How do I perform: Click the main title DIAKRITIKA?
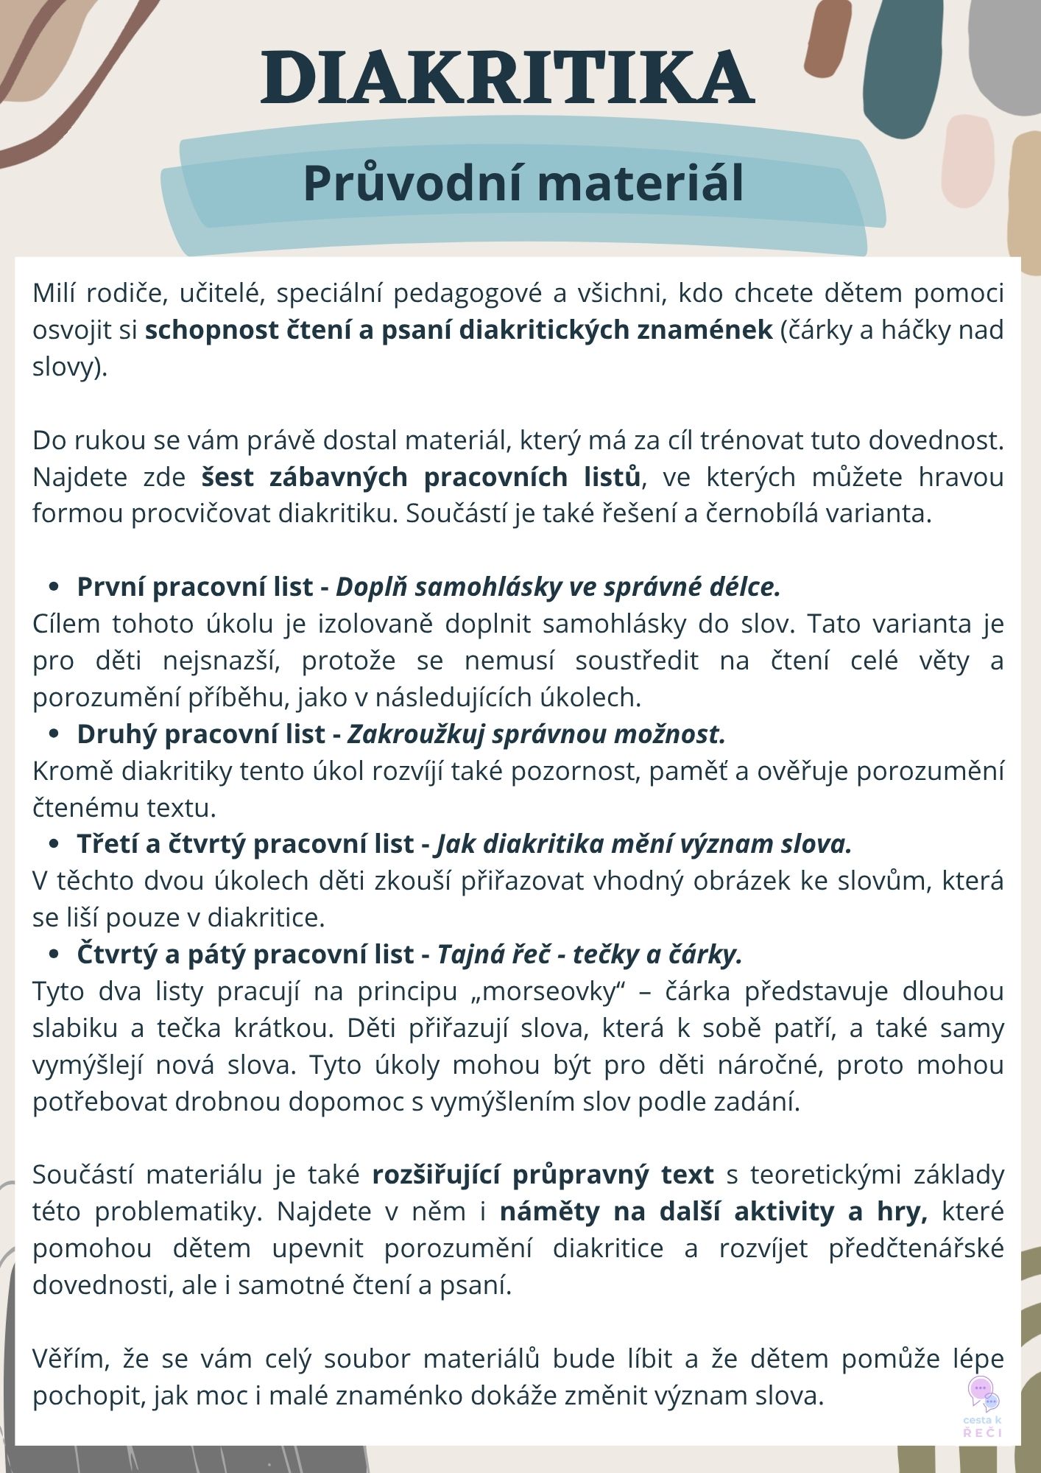tap(508, 78)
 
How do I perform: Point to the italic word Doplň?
tap(371, 587)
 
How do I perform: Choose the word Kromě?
tap(72, 771)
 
